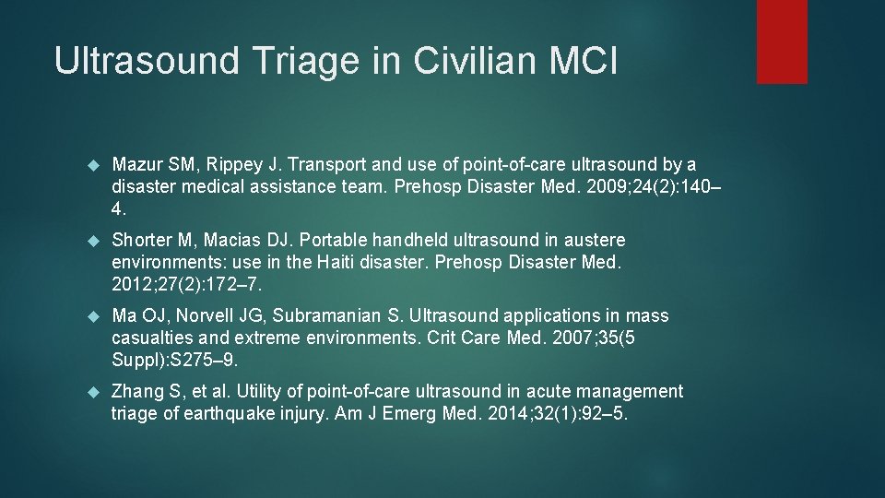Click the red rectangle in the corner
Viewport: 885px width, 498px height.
pos(782,41)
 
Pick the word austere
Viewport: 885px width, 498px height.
pos(593,241)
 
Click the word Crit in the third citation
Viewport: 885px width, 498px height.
pos(443,337)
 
